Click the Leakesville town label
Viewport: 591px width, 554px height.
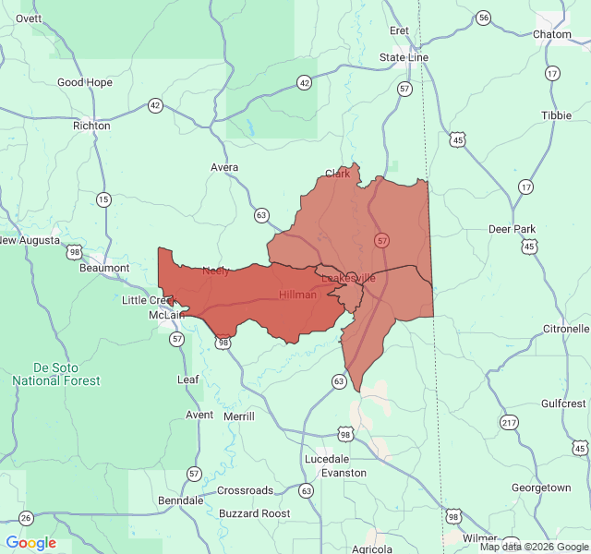pos(349,277)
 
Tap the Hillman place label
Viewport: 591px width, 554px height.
pos(297,295)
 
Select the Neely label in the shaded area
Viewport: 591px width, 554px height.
pos(216,271)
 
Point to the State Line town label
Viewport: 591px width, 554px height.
pos(404,57)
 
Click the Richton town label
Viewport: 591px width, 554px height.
pos(91,126)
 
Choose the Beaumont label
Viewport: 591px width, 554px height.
pos(104,268)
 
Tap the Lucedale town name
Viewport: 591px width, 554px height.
pos(327,459)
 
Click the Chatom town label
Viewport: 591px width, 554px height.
pos(553,34)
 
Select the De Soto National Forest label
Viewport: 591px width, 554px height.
pos(57,373)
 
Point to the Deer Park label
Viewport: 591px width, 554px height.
pos(512,229)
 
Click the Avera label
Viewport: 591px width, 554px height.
pos(224,167)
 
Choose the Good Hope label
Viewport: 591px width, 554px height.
pos(85,82)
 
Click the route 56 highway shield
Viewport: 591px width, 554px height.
pos(483,18)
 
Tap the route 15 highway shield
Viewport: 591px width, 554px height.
pos(103,199)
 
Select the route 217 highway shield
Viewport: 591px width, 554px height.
pos(509,423)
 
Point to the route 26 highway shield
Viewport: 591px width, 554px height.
pos(26,518)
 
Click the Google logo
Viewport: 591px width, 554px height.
pos(30,543)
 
